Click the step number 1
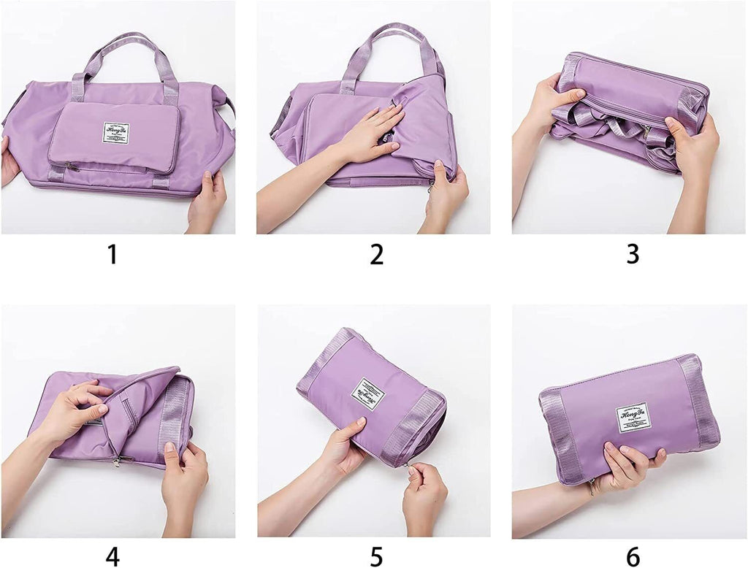(112, 254)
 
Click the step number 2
(376, 254)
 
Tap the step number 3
(633, 254)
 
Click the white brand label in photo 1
(116, 133)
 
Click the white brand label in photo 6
(633, 417)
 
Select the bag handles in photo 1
(124, 62)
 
